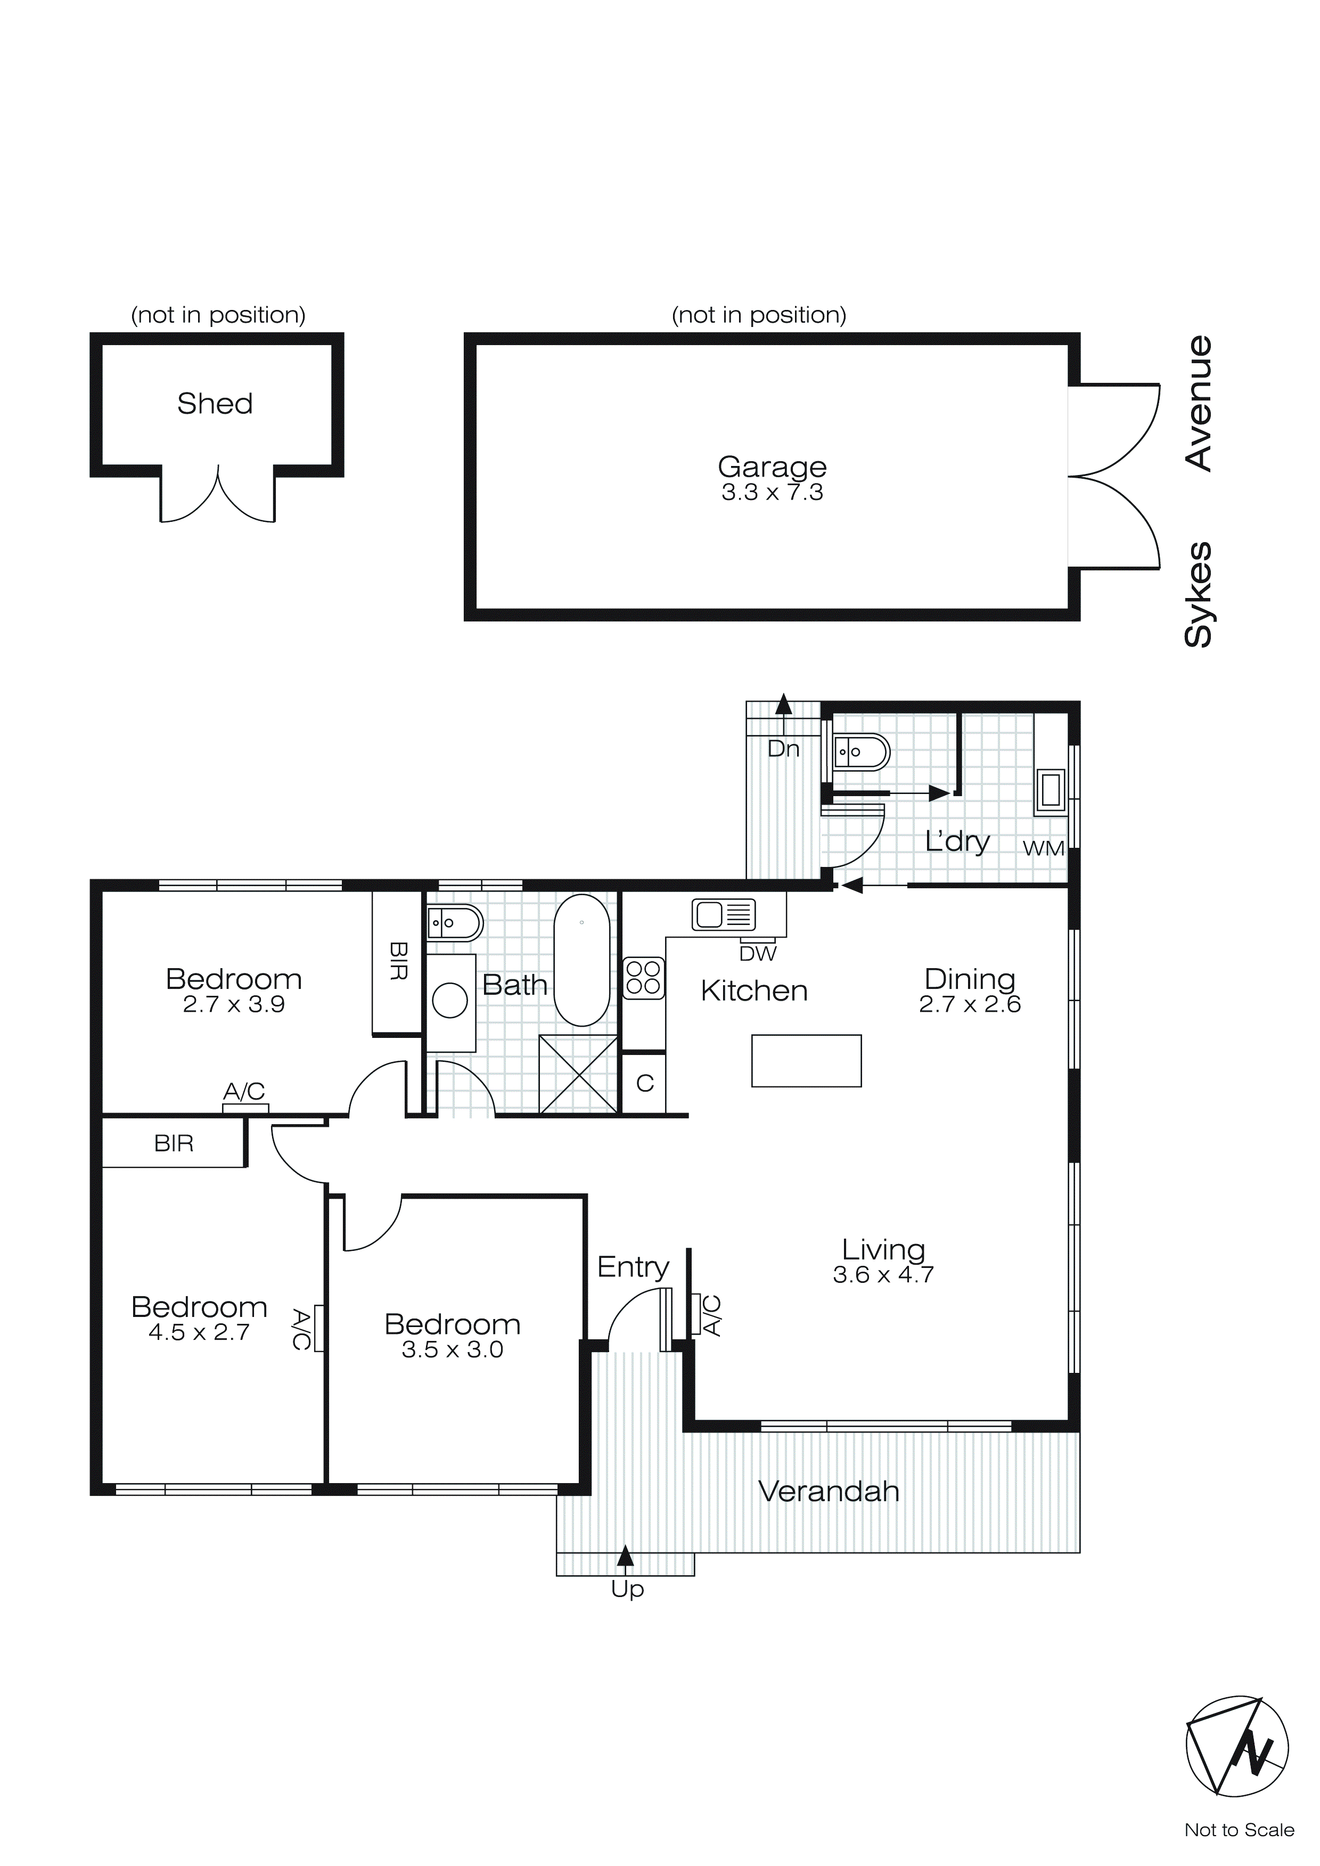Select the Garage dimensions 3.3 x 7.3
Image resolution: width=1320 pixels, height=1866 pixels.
click(x=772, y=493)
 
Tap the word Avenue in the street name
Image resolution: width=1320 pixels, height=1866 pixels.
click(x=1199, y=403)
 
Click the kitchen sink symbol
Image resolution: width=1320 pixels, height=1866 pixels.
click(x=724, y=914)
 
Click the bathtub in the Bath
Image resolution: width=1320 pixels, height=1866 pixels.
click(x=582, y=960)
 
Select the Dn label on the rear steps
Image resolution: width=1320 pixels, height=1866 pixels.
click(x=784, y=749)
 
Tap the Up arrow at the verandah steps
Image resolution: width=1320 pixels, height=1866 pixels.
click(x=625, y=1554)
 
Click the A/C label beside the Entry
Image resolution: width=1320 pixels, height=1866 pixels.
click(x=711, y=1315)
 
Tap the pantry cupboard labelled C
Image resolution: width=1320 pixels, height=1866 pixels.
click(x=644, y=1083)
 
